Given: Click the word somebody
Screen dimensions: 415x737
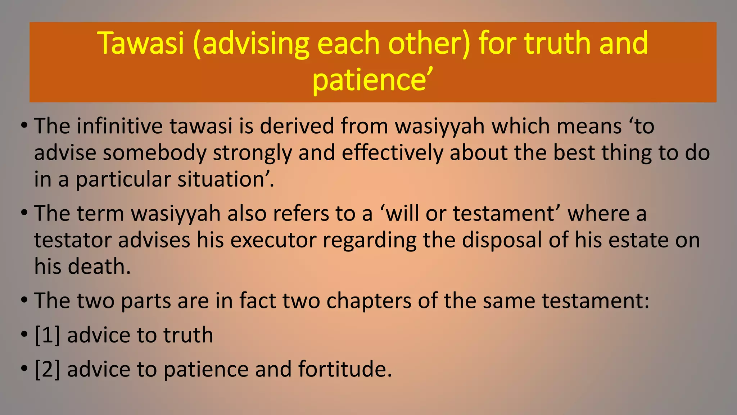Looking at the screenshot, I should click(154, 153).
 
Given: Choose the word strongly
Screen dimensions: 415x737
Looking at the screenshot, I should click(252, 153).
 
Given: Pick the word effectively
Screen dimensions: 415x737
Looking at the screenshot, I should click(392, 153).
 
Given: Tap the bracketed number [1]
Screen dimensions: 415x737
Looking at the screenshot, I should click(47, 335).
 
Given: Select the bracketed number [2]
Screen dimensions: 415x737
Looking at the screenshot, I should click(47, 369).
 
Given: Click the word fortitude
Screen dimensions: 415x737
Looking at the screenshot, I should click(344, 369).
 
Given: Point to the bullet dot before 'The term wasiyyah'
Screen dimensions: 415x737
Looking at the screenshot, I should click(24, 213).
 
